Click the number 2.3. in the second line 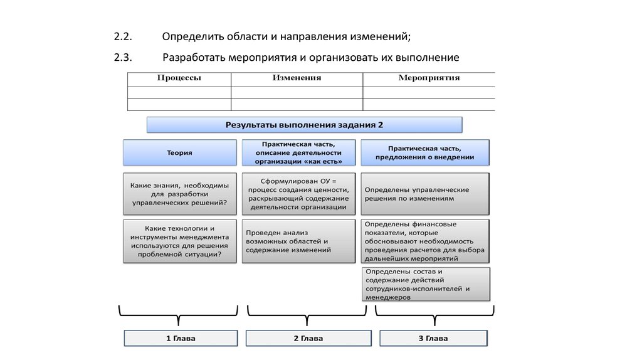click(x=123, y=58)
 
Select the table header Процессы click(x=179, y=78)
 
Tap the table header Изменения click(x=297, y=78)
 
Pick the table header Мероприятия click(x=429, y=78)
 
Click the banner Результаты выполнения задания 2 click(x=304, y=125)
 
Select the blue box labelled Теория click(x=179, y=152)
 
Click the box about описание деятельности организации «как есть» click(x=302, y=152)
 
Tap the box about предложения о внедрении click(x=424, y=152)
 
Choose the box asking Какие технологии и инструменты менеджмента click(x=179, y=241)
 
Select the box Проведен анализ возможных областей click(x=298, y=241)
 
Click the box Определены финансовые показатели click(x=425, y=241)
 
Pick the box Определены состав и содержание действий click(x=425, y=284)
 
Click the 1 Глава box click(x=181, y=339)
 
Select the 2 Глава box click(x=308, y=339)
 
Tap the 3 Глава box click(x=433, y=339)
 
